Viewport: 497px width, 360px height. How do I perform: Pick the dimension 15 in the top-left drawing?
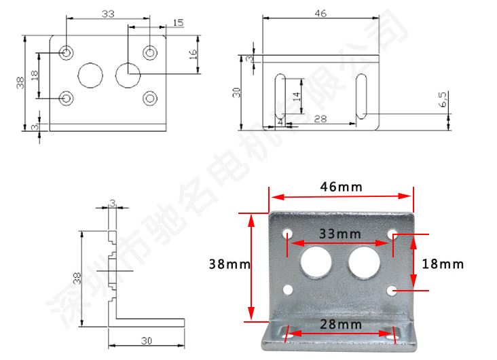coord(177,23)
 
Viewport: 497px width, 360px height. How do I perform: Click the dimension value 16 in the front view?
coord(193,53)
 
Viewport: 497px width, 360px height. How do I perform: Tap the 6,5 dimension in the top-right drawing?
coord(443,100)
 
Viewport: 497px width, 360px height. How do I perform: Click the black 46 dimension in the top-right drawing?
coord(321,12)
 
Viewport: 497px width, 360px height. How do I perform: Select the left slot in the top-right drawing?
coord(279,97)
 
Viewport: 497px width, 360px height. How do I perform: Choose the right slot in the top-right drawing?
coord(361,97)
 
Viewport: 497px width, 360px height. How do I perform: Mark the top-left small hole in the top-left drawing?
coord(67,52)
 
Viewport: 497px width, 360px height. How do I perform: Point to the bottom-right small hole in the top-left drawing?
coord(149,98)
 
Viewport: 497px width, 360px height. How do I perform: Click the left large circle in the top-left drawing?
coord(89,75)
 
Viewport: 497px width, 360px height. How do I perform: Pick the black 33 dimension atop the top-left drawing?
coord(107,13)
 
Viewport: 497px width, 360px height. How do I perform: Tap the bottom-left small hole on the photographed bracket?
coord(288,291)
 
